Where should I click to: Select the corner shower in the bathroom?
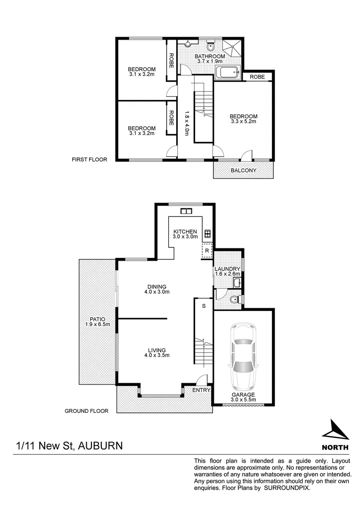(x=232, y=48)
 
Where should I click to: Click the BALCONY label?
(x=243, y=170)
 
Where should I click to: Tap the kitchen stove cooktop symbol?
(x=207, y=233)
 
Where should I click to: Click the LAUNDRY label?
(x=228, y=269)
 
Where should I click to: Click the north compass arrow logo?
(x=335, y=429)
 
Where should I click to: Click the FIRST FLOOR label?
(x=90, y=160)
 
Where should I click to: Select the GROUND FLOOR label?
(x=87, y=411)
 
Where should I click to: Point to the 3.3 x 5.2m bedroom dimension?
(x=243, y=122)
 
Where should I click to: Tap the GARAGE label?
(x=243, y=395)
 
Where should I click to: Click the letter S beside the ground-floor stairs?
(x=204, y=306)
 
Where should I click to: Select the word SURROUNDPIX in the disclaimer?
(x=286, y=488)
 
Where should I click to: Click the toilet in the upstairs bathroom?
(x=210, y=47)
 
